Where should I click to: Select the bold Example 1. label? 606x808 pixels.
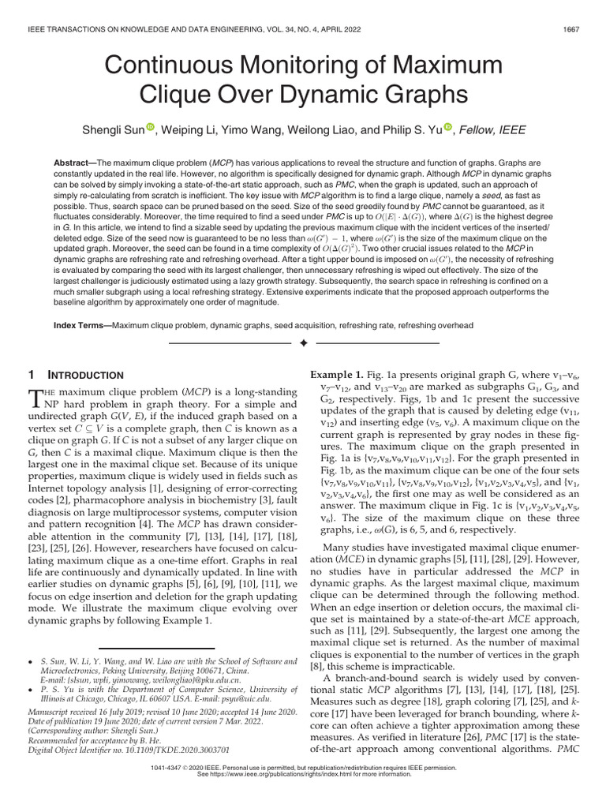click(x=335, y=376)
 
